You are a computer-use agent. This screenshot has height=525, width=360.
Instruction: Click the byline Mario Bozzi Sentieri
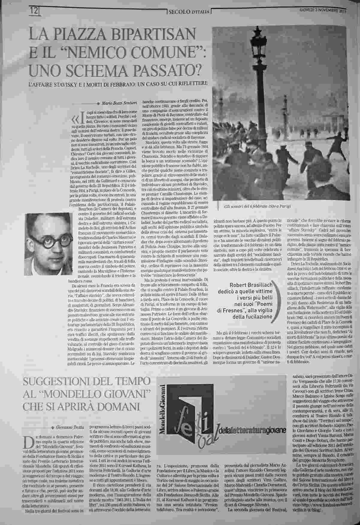click(x=120, y=103)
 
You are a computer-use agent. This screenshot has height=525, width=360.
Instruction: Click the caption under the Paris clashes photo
click(x=257, y=207)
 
